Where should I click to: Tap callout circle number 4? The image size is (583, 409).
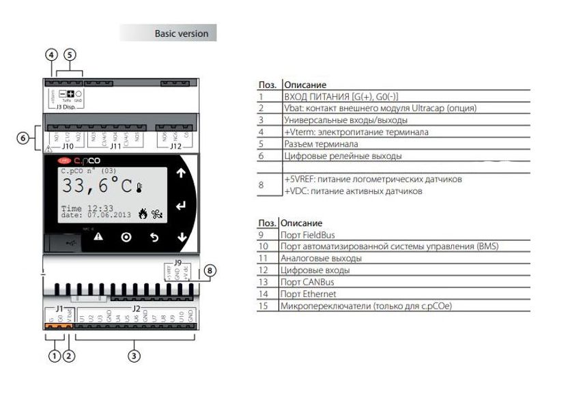[x=51, y=55]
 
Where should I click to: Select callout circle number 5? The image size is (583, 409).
[x=70, y=55]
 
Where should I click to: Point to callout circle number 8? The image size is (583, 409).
[x=210, y=271]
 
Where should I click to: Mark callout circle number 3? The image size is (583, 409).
[x=134, y=355]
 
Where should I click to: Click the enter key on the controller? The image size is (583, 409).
[x=181, y=206]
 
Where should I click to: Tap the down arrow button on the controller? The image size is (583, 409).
[x=181, y=237]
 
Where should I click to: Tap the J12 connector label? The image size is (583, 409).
[x=175, y=145]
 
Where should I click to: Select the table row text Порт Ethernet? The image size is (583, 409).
[x=309, y=294]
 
